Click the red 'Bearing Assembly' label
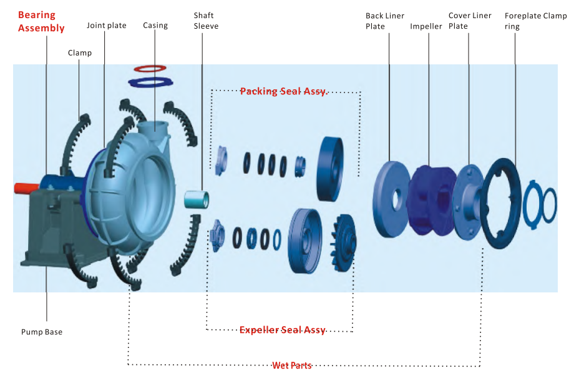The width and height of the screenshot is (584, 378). pos(41,21)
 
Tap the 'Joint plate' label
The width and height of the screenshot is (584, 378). pos(107,26)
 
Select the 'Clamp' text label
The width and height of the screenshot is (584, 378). pos(80,53)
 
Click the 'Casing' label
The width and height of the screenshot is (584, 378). pos(155,26)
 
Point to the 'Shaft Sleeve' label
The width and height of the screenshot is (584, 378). pos(206,21)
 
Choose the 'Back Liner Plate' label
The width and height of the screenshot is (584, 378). pos(385,21)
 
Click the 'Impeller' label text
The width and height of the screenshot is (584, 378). pos(426,26)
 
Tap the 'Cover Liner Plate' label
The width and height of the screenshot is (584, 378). pos(470,21)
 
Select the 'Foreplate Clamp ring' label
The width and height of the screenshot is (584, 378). pos(535,21)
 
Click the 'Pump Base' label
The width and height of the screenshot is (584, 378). pos(42,332)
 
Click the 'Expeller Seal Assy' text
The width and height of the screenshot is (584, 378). pos(283,330)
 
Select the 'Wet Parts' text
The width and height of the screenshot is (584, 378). pos(291,366)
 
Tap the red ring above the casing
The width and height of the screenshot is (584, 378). pos(150,67)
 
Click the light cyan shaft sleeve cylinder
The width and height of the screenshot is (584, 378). pos(196,199)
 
